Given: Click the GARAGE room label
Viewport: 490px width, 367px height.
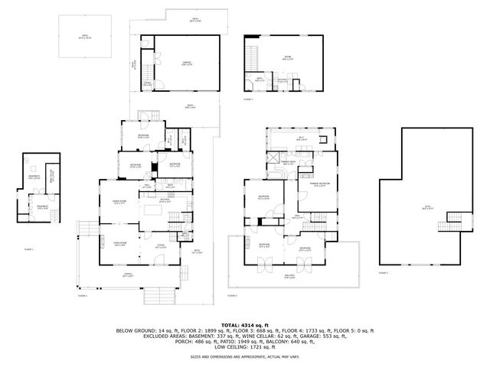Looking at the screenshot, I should pyautogui.click(x=186, y=63).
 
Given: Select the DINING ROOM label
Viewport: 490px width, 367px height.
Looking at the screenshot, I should pyautogui.click(x=120, y=201).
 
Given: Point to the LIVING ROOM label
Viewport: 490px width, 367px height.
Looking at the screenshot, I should pyautogui.click(x=120, y=244).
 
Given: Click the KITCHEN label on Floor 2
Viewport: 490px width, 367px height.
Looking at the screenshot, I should pyautogui.click(x=155, y=201).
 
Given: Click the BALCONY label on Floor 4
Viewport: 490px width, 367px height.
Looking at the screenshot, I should pyautogui.click(x=289, y=278).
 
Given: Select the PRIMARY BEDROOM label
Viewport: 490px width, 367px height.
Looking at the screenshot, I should pyautogui.click(x=319, y=184).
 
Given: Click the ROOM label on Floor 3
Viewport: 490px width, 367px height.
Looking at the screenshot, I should pyautogui.click(x=287, y=57).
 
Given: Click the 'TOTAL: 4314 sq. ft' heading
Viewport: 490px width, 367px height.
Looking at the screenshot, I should pyautogui.click(x=244, y=325).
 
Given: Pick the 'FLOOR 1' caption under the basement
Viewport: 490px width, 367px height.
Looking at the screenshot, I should pyautogui.click(x=28, y=249).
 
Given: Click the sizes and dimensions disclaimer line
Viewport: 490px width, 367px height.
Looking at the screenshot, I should pyautogui.click(x=244, y=356).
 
